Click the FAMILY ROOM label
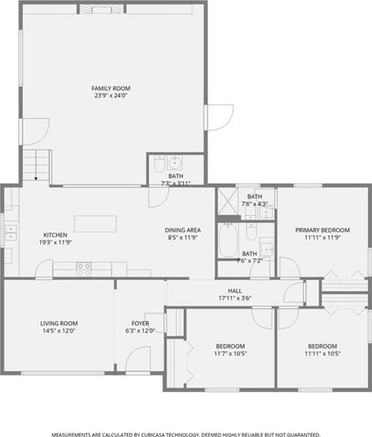pos(111,88)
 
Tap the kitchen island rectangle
pos(95,224)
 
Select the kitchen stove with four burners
pos(84,269)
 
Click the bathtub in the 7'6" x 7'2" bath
pos(228,241)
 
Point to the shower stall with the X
pos(227,201)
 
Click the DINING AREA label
pos(183,230)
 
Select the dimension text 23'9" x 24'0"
pos(111,96)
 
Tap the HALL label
pos(235,291)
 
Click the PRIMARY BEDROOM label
pos(323,230)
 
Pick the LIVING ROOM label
pos(59,323)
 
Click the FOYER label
pos(140,323)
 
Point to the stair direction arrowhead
pos(36,179)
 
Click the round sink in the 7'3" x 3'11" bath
pos(175,162)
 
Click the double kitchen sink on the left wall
pos(11,233)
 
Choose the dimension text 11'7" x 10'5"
pos(230,354)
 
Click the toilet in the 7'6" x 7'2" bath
pos(251,232)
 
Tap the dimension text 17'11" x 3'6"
pos(235,298)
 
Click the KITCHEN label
pos(55,235)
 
